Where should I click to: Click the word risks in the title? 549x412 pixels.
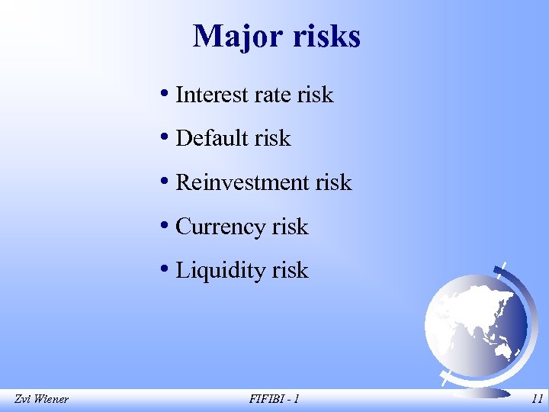click(326, 36)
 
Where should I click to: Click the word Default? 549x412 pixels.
click(213, 138)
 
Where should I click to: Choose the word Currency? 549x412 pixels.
click(220, 227)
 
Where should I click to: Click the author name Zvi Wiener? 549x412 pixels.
click(41, 398)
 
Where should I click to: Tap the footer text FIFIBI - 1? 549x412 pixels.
click(274, 398)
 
